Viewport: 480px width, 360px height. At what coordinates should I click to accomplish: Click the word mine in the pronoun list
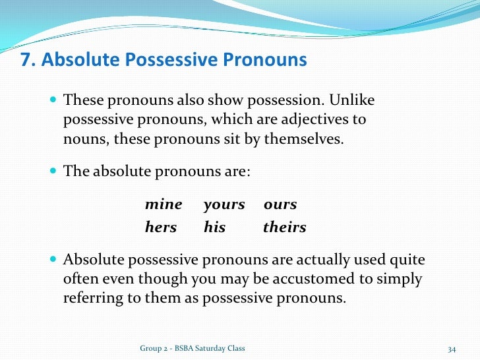click(164, 205)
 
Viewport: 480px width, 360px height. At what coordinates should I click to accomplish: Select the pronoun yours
click(224, 205)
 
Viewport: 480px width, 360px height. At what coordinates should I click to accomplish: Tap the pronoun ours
click(280, 205)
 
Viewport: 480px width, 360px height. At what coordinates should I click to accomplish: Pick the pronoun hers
click(161, 227)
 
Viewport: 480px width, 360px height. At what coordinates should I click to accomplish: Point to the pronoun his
click(215, 227)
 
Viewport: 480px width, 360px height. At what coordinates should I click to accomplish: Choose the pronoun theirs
click(285, 227)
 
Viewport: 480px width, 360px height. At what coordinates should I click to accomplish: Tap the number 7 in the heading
click(27, 61)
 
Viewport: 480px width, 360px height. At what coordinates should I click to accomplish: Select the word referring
click(92, 297)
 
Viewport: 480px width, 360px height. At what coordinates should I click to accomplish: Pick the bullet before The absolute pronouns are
click(53, 171)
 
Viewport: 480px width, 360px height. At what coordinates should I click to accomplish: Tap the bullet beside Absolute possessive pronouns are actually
click(53, 260)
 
